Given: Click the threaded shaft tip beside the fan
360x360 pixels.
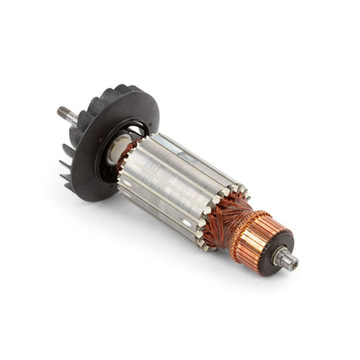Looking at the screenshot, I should (x=62, y=111).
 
